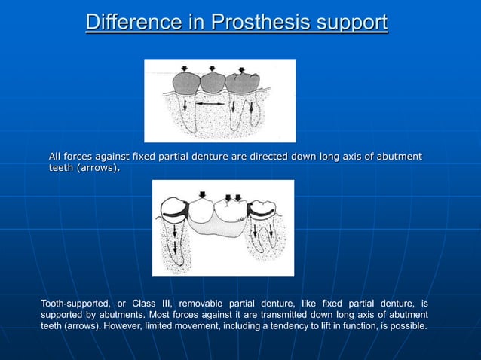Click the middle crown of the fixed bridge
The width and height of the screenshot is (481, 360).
(x=213, y=81)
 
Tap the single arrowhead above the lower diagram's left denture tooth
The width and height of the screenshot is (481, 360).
(x=201, y=195)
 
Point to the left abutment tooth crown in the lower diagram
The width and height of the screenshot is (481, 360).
(x=176, y=209)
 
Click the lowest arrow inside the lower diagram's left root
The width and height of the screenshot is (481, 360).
(x=176, y=249)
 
